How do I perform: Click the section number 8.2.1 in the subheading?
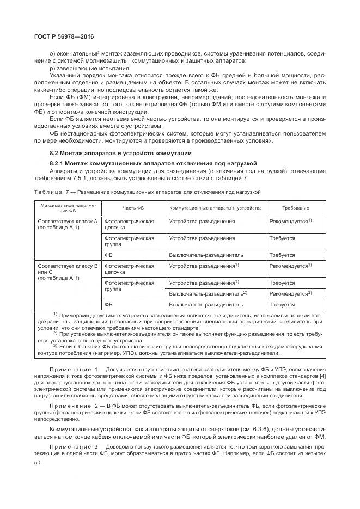[x=58, y=163]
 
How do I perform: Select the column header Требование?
[x=296, y=208]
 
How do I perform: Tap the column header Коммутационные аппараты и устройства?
[x=216, y=208]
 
